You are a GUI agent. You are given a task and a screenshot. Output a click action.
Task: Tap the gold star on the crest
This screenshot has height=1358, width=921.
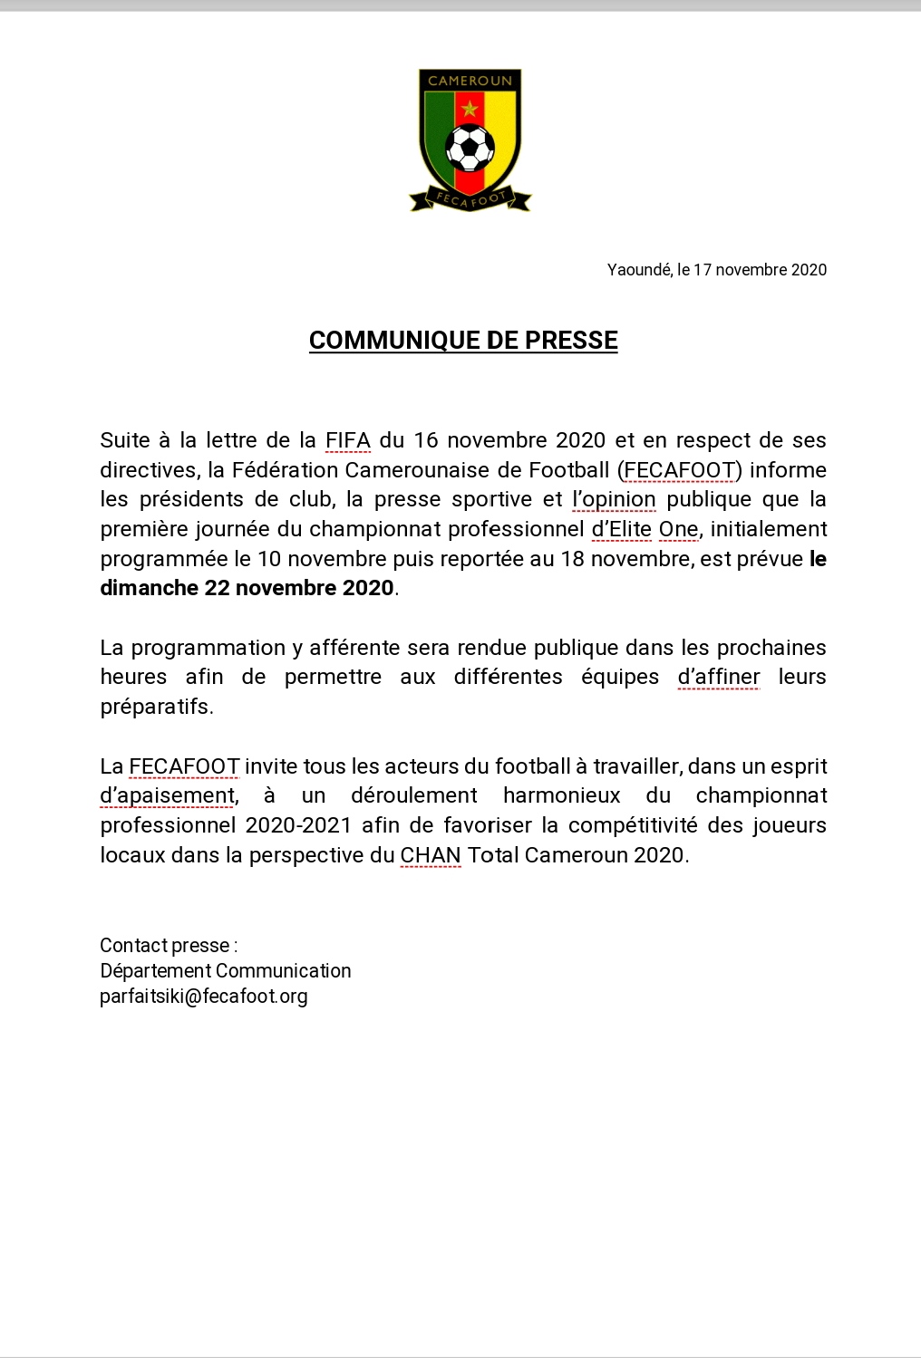(470, 110)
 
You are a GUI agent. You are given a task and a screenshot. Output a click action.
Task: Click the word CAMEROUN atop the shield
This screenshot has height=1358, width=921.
(470, 81)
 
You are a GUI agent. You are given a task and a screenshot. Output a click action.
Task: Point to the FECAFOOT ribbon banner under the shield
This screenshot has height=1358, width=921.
(470, 198)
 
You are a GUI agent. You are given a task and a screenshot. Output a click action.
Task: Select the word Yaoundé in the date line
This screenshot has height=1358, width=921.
(639, 269)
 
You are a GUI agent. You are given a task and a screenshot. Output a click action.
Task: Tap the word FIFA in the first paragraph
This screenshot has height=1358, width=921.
(348, 440)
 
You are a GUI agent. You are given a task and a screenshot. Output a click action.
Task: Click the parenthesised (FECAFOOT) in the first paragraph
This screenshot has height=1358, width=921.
(679, 470)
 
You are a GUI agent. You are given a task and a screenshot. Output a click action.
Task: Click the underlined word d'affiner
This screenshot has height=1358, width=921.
(719, 677)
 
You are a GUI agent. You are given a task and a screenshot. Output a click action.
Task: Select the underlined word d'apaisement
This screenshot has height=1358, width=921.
(168, 795)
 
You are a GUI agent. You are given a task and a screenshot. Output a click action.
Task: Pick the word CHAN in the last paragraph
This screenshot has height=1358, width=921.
(431, 854)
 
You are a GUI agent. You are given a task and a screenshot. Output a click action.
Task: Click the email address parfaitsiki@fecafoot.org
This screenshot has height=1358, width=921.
(204, 997)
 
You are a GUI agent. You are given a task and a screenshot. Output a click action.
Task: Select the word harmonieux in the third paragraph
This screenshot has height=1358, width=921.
(562, 795)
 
